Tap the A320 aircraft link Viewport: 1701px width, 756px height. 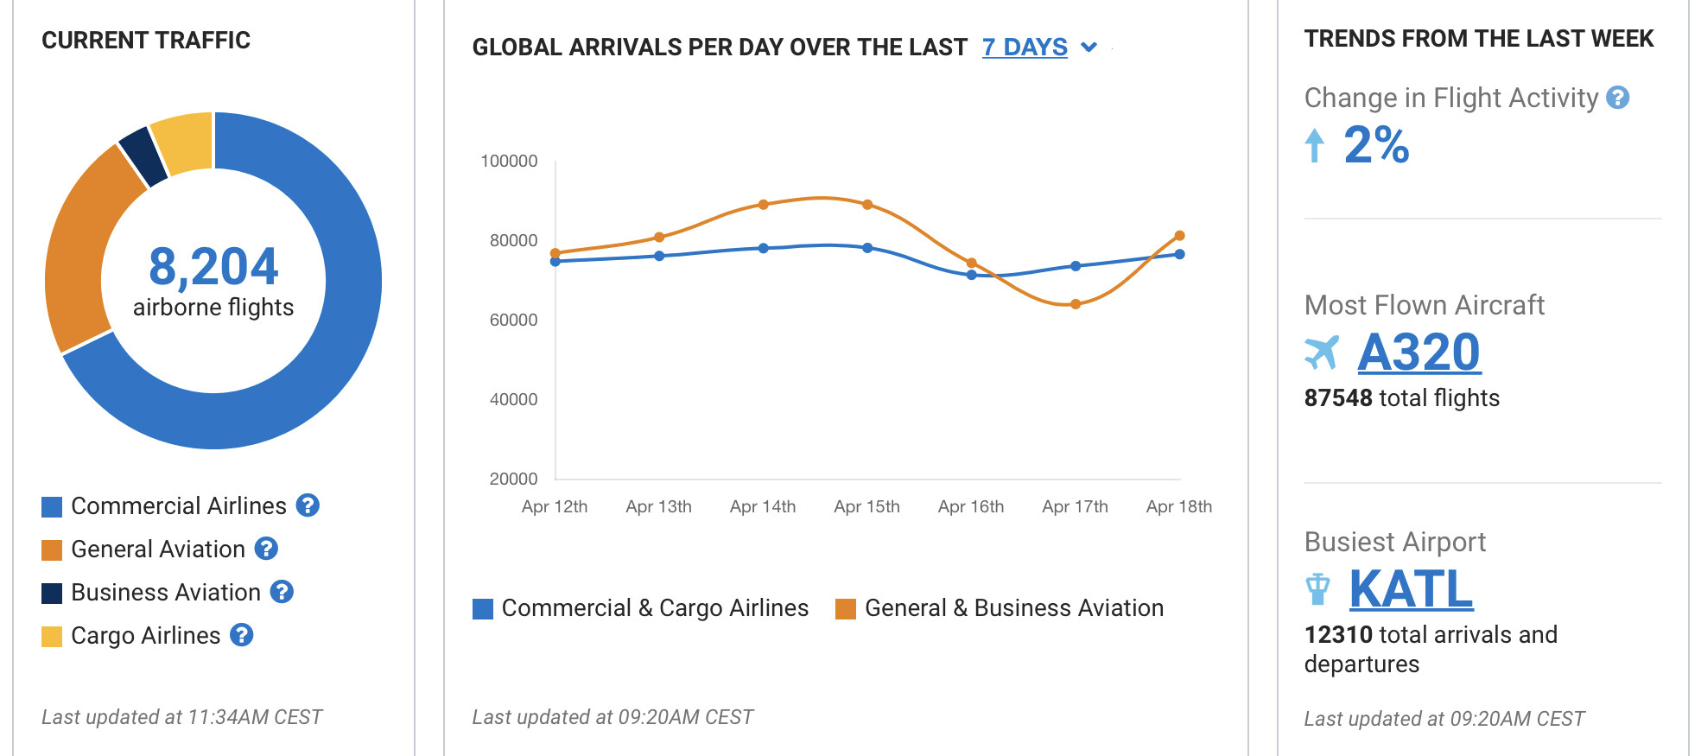coord(1419,353)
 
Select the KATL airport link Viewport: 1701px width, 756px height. coord(1411,589)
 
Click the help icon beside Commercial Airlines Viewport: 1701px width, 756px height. coord(308,505)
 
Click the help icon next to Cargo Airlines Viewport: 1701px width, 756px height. coord(242,635)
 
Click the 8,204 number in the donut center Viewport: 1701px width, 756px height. coord(213,266)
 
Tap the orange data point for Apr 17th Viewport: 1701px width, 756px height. coord(1076,304)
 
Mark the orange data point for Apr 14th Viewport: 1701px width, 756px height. coord(764,205)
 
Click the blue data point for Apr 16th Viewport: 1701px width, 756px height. coord(972,275)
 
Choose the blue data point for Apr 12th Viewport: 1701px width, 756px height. coord(555,261)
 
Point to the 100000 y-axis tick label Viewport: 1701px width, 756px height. coord(509,162)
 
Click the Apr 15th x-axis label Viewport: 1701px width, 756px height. coord(866,507)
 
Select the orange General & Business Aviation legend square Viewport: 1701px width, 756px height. coord(845,609)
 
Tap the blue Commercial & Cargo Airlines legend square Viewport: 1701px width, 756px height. coord(483,609)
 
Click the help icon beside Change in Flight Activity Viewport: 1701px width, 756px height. coord(1617,98)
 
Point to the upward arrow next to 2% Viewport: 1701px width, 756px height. coord(1314,145)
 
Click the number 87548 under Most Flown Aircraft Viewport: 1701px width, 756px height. coord(1338,398)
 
